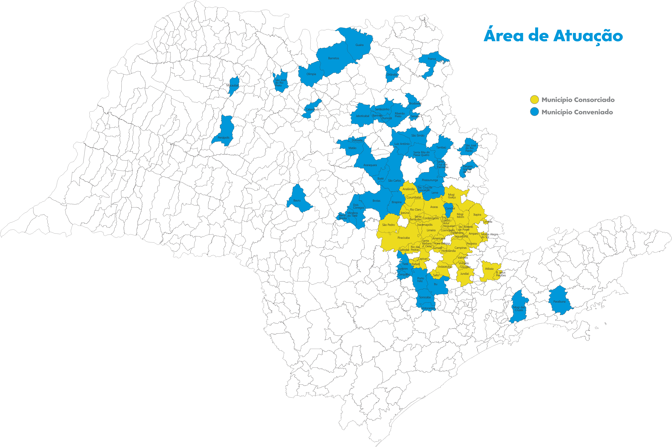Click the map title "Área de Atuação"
click(x=553, y=36)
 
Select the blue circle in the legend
click(x=534, y=112)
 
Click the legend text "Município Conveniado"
click(x=577, y=112)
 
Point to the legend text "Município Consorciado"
click(x=578, y=100)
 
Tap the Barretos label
click(x=334, y=58)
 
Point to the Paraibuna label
click(x=559, y=302)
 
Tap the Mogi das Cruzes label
click(x=519, y=309)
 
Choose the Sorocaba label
click(x=425, y=297)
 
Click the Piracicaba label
click(x=404, y=238)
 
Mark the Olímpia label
click(x=311, y=74)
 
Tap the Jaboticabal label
click(x=362, y=116)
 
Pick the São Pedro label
click(x=388, y=225)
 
